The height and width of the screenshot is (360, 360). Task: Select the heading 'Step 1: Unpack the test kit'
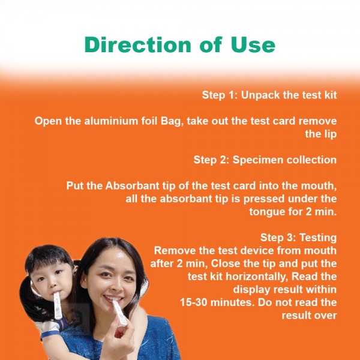269,95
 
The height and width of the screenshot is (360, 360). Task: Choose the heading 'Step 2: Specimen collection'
265,160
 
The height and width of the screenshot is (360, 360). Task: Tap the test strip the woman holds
119,312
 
